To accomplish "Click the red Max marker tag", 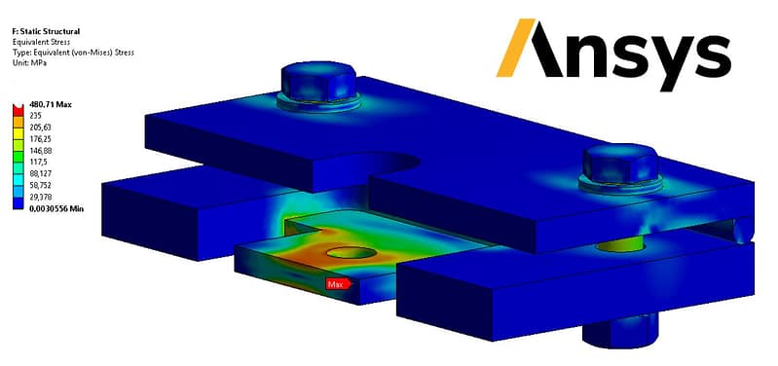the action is pyautogui.click(x=339, y=284).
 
